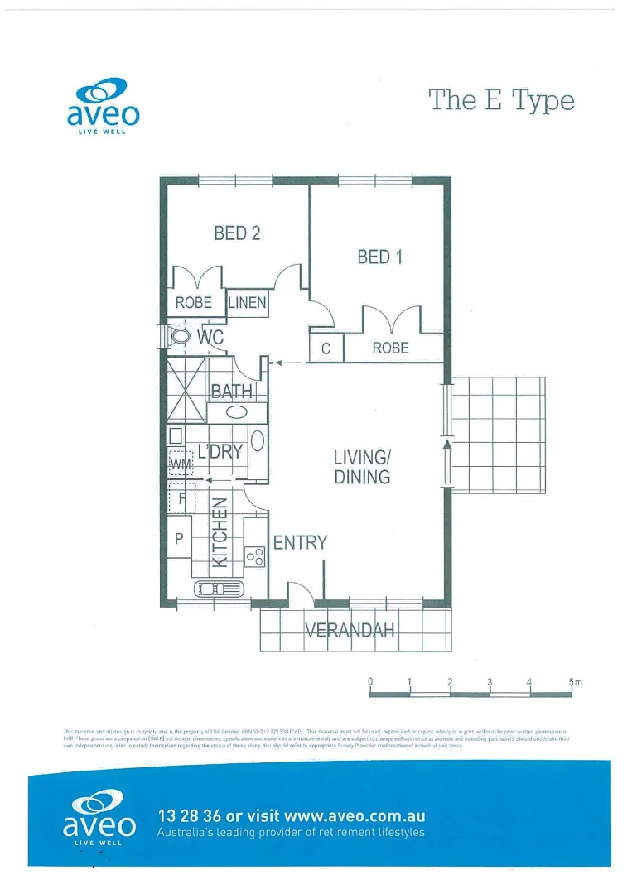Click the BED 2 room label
237,233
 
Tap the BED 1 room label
379,257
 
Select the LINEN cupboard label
248,303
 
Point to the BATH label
231,391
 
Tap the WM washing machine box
180,463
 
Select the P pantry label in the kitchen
179,538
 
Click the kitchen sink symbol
219,589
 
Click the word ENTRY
300,543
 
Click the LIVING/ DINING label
362,467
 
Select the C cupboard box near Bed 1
326,349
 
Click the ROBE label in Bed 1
390,348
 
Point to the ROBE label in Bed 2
194,303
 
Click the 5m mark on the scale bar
574,683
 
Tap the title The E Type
501,100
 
